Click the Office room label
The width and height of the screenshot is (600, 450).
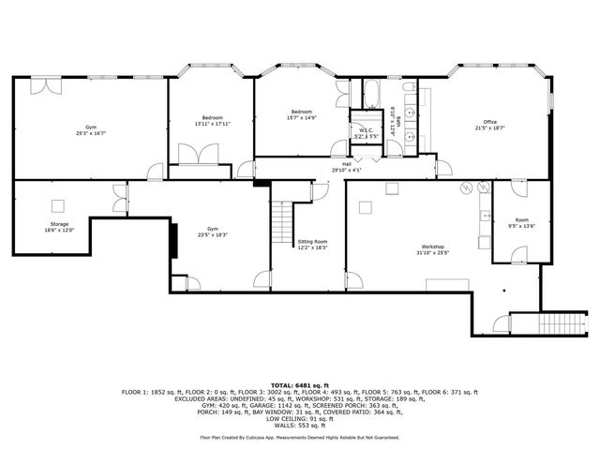point(489,121)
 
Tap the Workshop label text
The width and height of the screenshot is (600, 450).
point(431,247)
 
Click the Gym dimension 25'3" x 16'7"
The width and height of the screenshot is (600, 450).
point(91,133)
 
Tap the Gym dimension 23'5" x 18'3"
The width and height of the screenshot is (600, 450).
point(213,233)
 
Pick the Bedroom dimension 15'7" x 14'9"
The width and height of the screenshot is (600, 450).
point(302,117)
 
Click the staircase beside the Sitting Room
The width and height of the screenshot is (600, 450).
point(281,224)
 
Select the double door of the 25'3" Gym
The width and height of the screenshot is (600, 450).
point(46,86)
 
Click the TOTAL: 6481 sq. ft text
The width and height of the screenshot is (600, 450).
point(299,384)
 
